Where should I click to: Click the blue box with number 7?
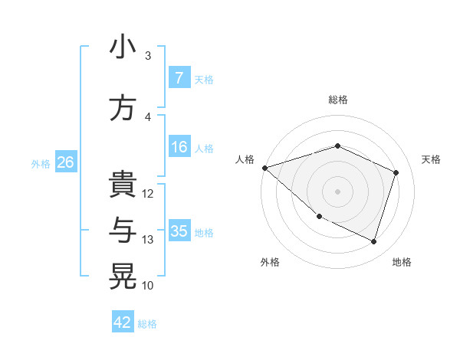179,78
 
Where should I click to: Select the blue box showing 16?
179,147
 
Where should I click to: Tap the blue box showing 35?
179,231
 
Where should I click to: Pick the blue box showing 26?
65,162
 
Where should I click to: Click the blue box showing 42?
123,322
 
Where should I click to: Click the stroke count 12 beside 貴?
148,194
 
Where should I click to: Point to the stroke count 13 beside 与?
148,240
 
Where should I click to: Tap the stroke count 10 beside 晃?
148,286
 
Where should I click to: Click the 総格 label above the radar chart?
338,100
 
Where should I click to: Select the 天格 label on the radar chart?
431,159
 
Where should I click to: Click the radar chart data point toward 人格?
264,167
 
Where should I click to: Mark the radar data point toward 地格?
373,242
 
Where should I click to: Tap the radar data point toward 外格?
319,217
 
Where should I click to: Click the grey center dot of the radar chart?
337,191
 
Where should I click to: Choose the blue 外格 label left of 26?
41,163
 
